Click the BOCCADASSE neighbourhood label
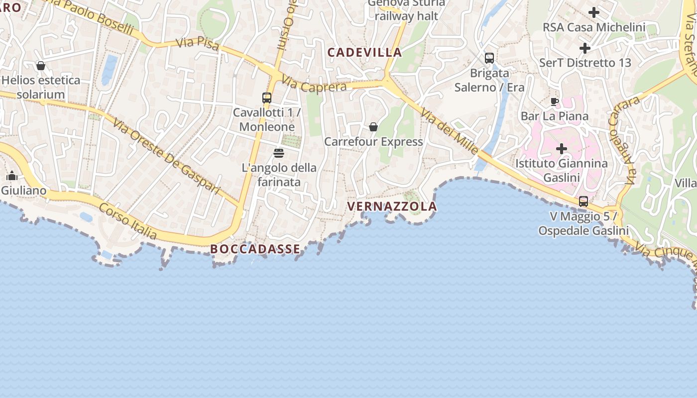pyautogui.click(x=255, y=249)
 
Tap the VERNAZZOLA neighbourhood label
pyautogui.click(x=392, y=206)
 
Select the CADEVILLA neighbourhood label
pyautogui.click(x=365, y=52)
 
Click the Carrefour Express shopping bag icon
pyautogui.click(x=373, y=127)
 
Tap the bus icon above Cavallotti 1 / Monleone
pyautogui.click(x=267, y=98)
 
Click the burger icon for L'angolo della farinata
pyautogui.click(x=279, y=153)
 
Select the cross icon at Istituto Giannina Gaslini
pyautogui.click(x=562, y=149)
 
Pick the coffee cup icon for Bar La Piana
pyautogui.click(x=554, y=102)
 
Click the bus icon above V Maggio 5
pyautogui.click(x=583, y=201)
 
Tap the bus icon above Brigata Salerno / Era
pyautogui.click(x=489, y=58)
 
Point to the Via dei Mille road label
pyautogui.click(x=450, y=132)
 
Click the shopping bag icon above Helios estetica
pyautogui.click(x=41, y=66)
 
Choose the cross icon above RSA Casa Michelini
pyautogui.click(x=594, y=12)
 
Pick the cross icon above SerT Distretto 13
pyautogui.click(x=585, y=48)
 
